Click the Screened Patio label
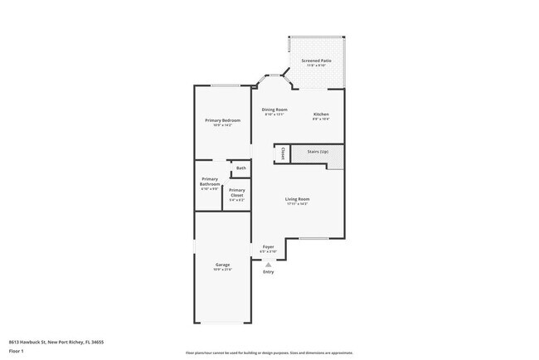317,61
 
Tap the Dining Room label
274,110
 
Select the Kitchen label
321,114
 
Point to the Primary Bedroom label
222,120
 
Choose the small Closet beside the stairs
283,153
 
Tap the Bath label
241,168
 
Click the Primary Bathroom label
210,182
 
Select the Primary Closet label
236,192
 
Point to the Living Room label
298,199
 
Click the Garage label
223,265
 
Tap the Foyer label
269,246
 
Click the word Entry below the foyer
268,271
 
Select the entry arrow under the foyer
268,264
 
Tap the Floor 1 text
16,352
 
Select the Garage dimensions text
223,270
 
